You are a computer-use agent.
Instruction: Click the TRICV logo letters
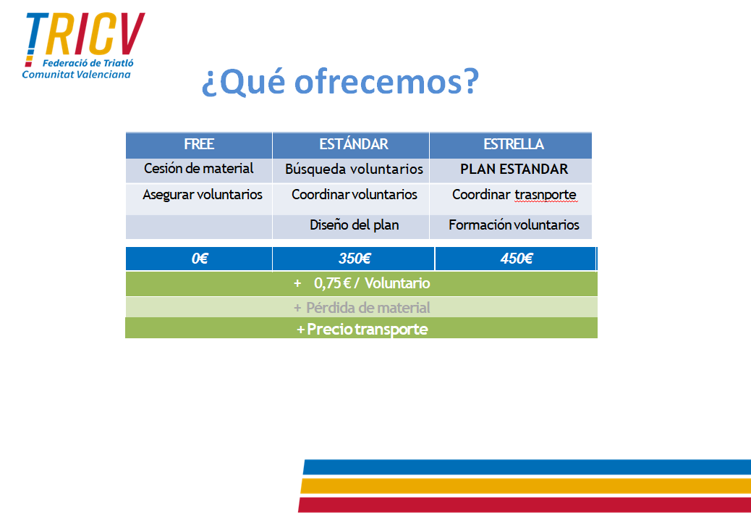[x=85, y=35]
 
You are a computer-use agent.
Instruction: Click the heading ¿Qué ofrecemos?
[x=341, y=82]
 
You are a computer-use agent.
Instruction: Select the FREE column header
[x=199, y=144]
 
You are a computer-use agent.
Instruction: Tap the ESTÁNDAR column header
[x=354, y=144]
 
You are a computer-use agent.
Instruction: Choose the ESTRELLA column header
[x=514, y=144]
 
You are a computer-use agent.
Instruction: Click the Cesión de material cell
[x=199, y=168]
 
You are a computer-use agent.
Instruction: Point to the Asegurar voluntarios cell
[x=202, y=195]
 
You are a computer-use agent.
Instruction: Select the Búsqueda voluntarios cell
[x=354, y=169]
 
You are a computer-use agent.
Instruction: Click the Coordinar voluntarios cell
[x=354, y=194]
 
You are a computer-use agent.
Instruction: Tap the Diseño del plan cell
[x=354, y=225]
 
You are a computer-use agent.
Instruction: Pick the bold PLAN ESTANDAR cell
[x=514, y=169]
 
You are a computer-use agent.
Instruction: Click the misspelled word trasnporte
[x=546, y=195]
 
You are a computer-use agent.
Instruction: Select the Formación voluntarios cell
[x=514, y=225]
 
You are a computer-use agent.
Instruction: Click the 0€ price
[x=199, y=259]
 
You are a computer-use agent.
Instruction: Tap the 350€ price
[x=355, y=259]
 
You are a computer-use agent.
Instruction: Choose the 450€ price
[x=517, y=259]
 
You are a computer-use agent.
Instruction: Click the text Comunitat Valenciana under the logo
[x=76, y=75]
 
